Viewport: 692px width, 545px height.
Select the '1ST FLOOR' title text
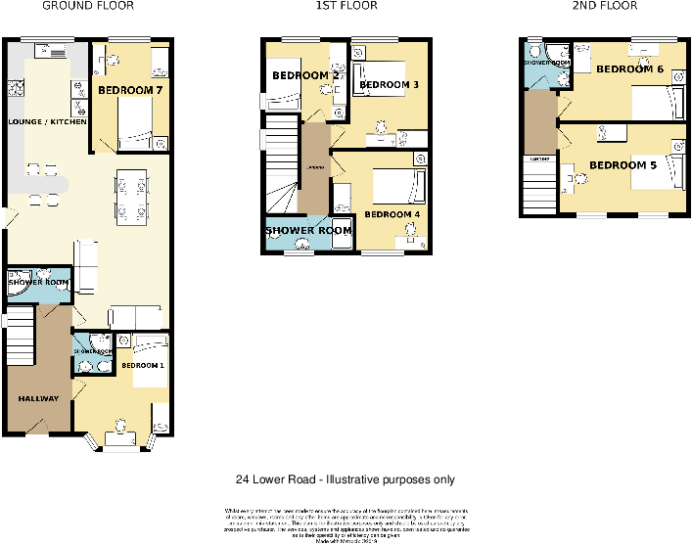point(346,6)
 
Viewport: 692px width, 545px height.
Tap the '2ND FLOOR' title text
point(604,6)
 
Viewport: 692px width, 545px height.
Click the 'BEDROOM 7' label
point(130,90)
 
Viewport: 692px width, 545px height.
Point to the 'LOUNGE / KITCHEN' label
point(47,122)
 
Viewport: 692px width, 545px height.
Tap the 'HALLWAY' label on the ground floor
point(38,398)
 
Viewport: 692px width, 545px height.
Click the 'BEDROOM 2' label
point(305,75)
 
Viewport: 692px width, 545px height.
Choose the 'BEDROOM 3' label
point(389,85)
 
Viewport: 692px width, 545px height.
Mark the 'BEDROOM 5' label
point(623,164)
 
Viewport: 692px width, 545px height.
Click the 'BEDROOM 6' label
point(630,69)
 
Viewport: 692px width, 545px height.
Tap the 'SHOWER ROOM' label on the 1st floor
point(308,231)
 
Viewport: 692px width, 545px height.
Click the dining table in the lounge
point(132,195)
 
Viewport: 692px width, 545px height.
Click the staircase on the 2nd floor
point(539,186)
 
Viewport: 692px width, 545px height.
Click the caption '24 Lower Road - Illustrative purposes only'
point(345,479)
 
